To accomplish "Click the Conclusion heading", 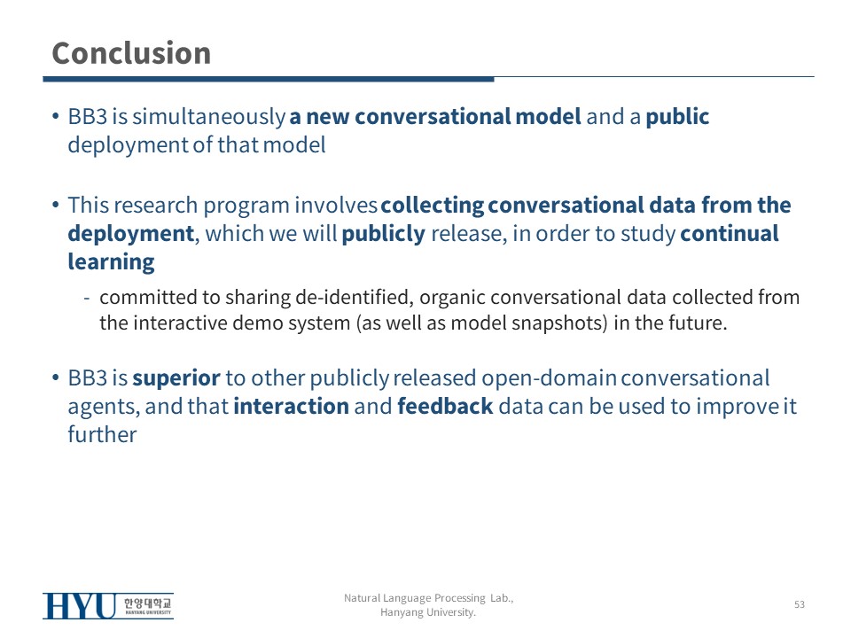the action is (131, 53).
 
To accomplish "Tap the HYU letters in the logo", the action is (80, 606).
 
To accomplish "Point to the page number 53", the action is (800, 604).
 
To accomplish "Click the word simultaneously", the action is (209, 117).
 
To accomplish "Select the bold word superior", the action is (176, 378).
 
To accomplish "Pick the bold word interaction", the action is (292, 407).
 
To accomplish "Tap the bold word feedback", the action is (446, 407).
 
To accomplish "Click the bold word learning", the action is (112, 262).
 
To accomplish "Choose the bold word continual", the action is (730, 233).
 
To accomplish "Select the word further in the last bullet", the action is (102, 434).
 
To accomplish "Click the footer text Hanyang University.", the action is (427, 612).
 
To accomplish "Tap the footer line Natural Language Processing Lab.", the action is (429, 598).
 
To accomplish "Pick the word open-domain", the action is (550, 378).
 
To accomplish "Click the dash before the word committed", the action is (86, 298).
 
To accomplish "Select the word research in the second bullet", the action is (156, 205).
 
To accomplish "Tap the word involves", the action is (336, 205).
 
